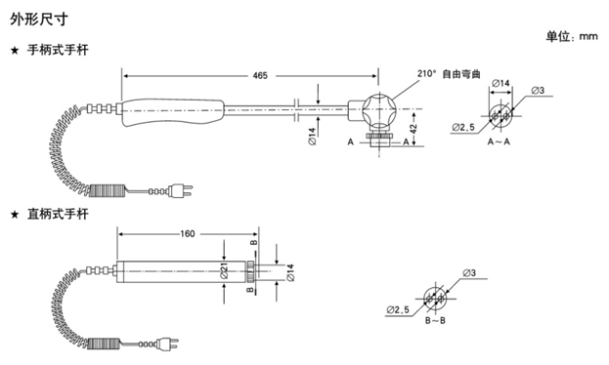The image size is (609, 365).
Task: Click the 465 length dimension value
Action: pyautogui.click(x=260, y=76)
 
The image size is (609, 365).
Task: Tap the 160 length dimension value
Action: pyautogui.click(x=188, y=234)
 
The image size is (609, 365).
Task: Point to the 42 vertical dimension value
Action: pyautogui.click(x=413, y=128)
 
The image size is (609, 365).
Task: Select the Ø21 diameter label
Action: pyautogui.click(x=224, y=270)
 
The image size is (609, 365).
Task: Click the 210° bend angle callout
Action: pyautogui.click(x=427, y=73)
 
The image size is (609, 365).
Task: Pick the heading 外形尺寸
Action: pyautogui.click(x=39, y=19)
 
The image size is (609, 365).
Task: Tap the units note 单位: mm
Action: pyautogui.click(x=572, y=37)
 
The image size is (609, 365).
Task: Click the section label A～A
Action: pyautogui.click(x=499, y=142)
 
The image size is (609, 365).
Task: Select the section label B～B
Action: pyautogui.click(x=435, y=321)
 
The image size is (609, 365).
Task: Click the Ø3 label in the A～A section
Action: pyautogui.click(x=538, y=91)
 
